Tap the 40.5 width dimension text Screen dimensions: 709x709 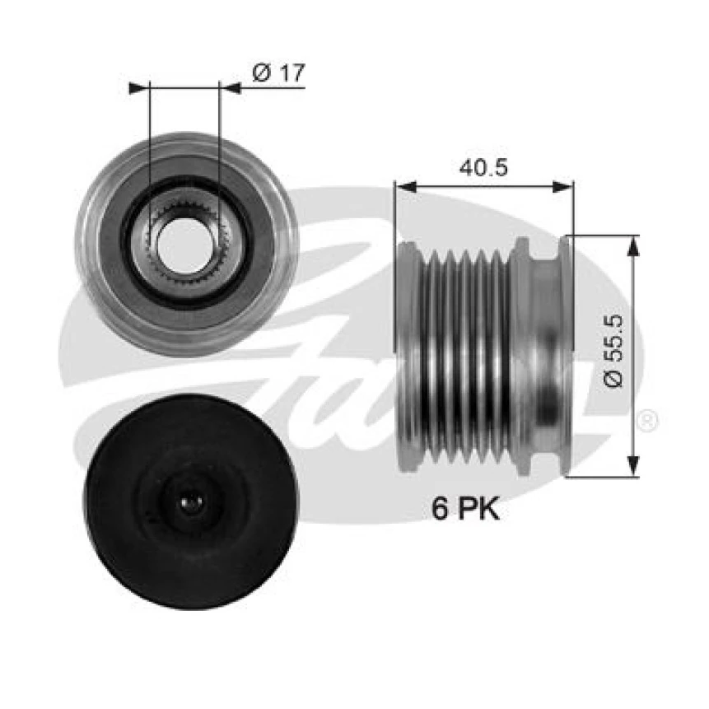[484, 167]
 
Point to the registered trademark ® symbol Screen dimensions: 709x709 [647, 421]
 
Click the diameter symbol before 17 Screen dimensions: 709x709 [260, 73]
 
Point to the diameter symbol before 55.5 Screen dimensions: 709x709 [613, 380]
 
